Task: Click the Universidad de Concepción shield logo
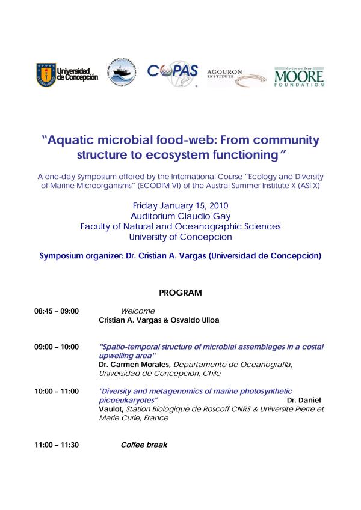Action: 45,74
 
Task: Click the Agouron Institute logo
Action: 236,76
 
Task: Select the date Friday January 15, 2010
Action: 180,205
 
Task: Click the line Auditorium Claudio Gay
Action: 180,216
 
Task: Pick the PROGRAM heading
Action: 180,293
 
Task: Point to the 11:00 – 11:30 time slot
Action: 57,445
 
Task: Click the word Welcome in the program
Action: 138,311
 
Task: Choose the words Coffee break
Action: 144,445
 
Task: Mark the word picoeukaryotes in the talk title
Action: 128,400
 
